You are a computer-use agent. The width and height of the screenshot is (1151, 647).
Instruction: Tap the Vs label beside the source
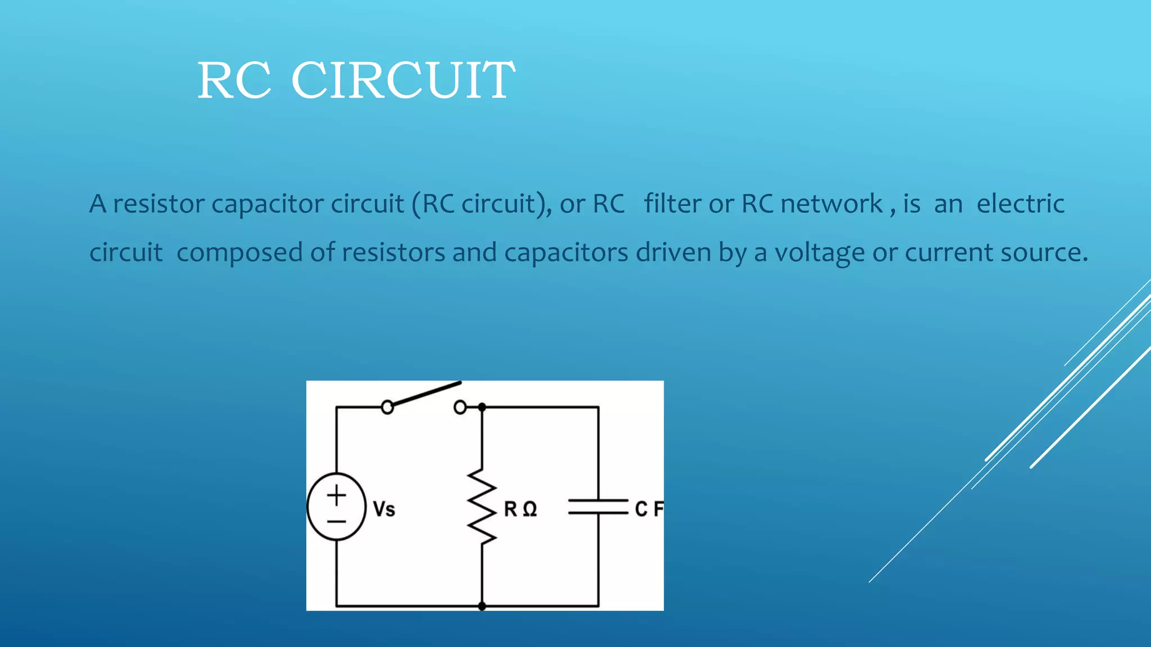pyautogui.click(x=384, y=509)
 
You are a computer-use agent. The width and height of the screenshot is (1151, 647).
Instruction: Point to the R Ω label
pyautogui.click(x=520, y=509)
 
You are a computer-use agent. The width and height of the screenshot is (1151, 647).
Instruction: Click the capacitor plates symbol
pyautogui.click(x=598, y=507)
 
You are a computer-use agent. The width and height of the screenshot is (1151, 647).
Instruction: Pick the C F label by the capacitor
pyautogui.click(x=649, y=509)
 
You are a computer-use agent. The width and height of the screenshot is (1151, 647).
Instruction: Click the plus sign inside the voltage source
pyautogui.click(x=337, y=495)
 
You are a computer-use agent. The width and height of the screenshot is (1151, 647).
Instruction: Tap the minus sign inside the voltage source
pyautogui.click(x=337, y=522)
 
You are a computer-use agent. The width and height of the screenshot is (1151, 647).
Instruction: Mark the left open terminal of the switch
pyautogui.click(x=387, y=407)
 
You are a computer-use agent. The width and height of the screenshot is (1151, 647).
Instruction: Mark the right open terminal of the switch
pyautogui.click(x=460, y=407)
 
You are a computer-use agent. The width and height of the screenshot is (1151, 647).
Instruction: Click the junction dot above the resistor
pyautogui.click(x=482, y=407)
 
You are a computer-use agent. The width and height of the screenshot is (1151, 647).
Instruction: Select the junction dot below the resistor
pyautogui.click(x=482, y=606)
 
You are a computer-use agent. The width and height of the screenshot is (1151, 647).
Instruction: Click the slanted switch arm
pyautogui.click(x=426, y=393)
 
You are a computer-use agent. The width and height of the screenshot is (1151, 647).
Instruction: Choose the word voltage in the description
pyautogui.click(x=819, y=253)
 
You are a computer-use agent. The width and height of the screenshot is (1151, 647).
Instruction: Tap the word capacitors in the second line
pyautogui.click(x=566, y=253)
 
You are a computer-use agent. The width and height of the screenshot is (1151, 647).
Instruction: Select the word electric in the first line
pyautogui.click(x=1020, y=203)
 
